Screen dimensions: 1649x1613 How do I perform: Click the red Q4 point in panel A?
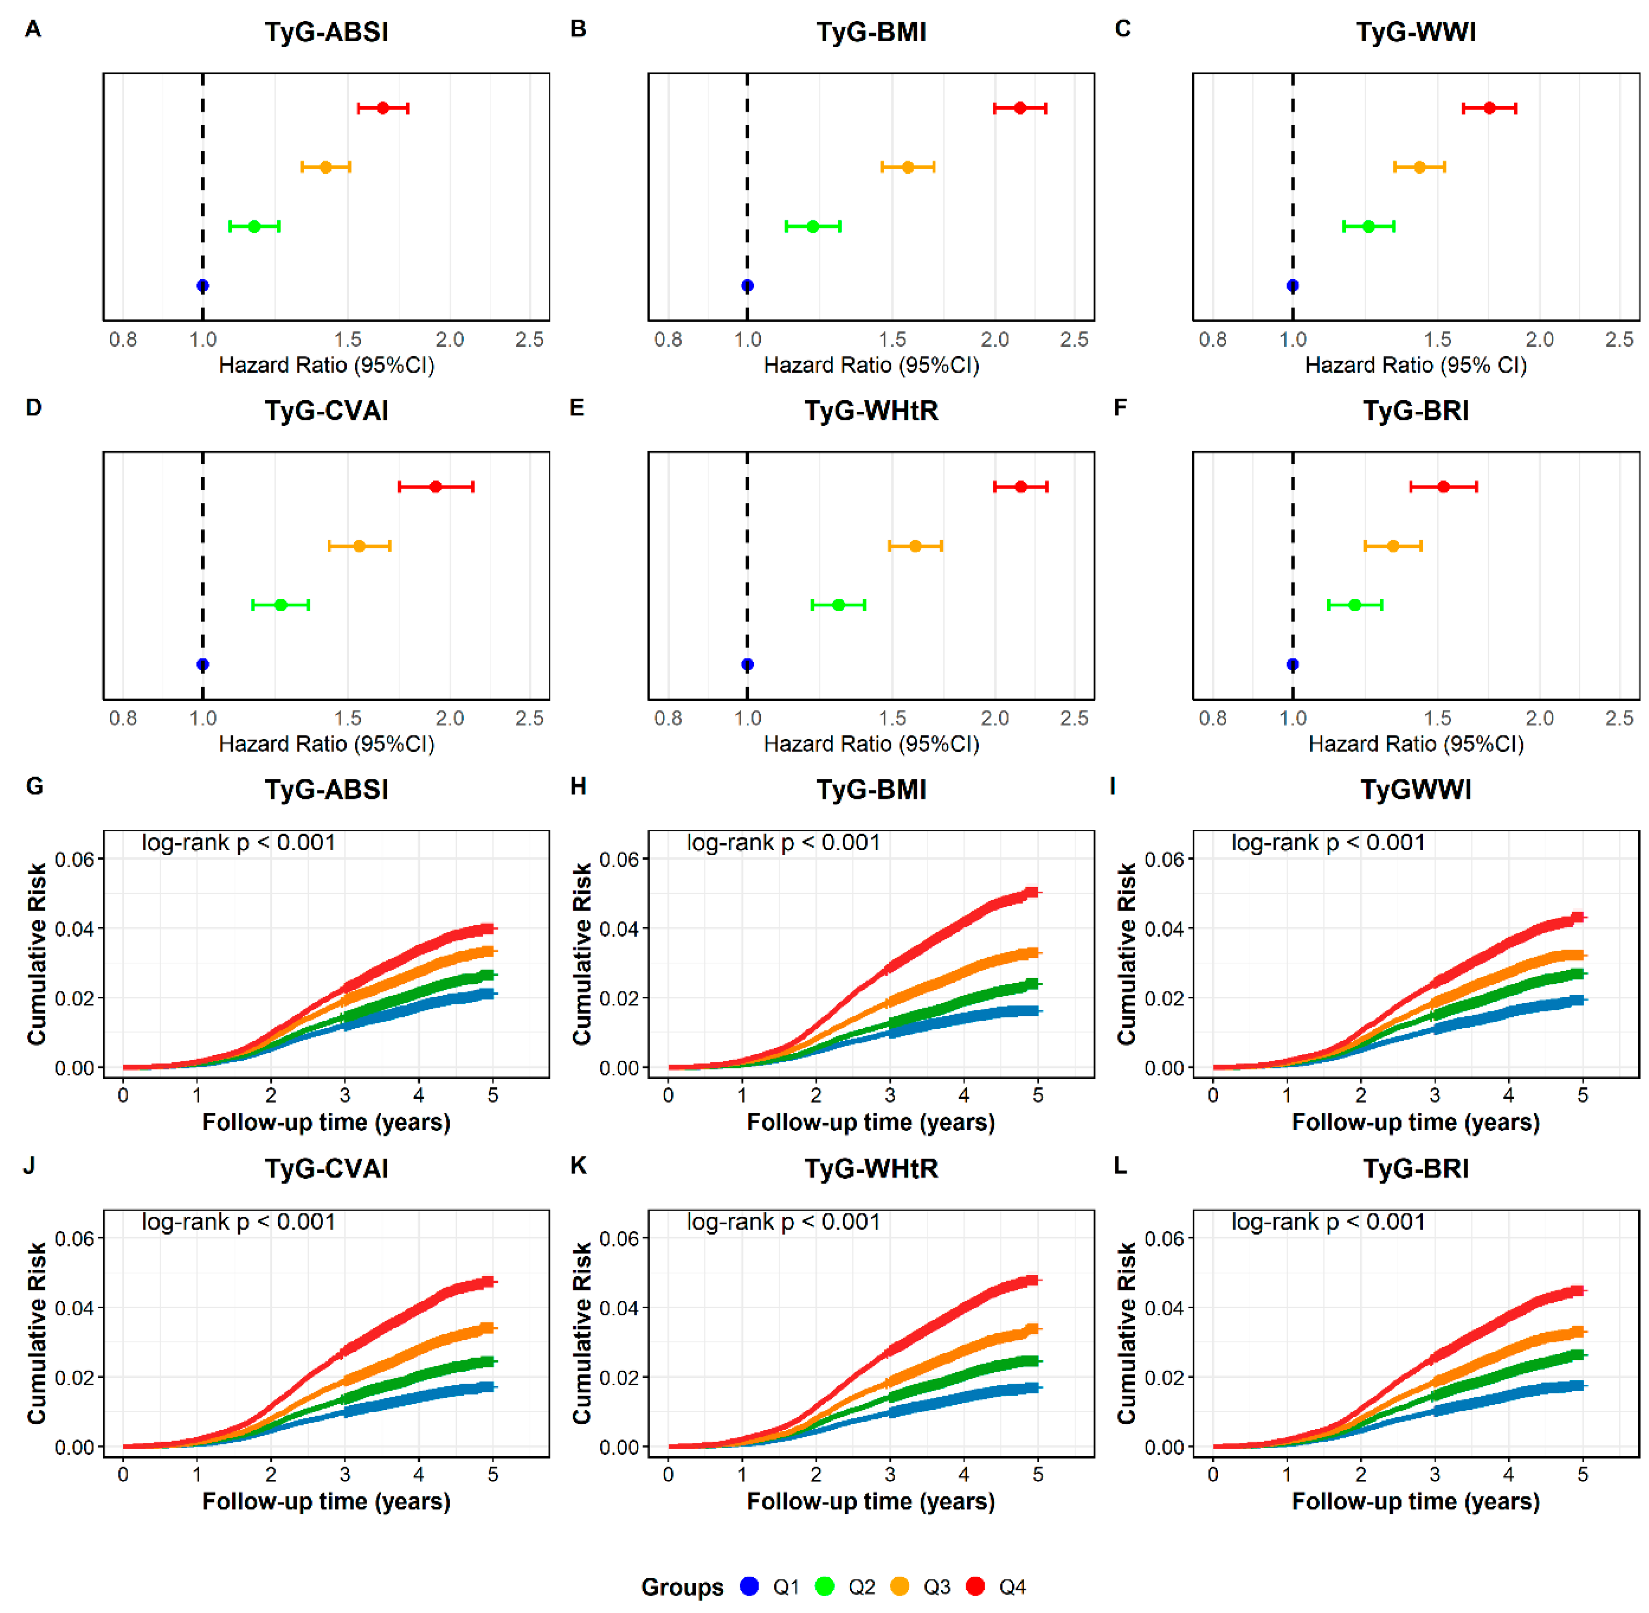(x=383, y=108)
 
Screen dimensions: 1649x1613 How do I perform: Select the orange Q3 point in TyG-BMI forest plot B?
(x=907, y=167)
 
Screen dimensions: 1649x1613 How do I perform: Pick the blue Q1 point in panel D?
(x=203, y=664)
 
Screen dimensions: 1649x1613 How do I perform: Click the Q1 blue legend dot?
(x=749, y=1586)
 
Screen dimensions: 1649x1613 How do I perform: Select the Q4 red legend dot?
(x=975, y=1586)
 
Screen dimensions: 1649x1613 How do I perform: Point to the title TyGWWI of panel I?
(x=1416, y=790)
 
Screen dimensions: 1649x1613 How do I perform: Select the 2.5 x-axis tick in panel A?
(x=530, y=340)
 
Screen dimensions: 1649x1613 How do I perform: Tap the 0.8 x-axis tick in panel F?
(x=1213, y=718)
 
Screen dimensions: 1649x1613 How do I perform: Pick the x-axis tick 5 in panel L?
(x=1582, y=1474)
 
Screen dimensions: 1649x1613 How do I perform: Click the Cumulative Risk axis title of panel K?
(x=581, y=1333)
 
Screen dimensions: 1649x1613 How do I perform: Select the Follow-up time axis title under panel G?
(x=326, y=1123)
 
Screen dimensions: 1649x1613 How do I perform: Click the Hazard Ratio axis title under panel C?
(x=1416, y=365)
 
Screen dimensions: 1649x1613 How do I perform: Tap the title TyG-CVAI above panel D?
(x=326, y=411)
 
